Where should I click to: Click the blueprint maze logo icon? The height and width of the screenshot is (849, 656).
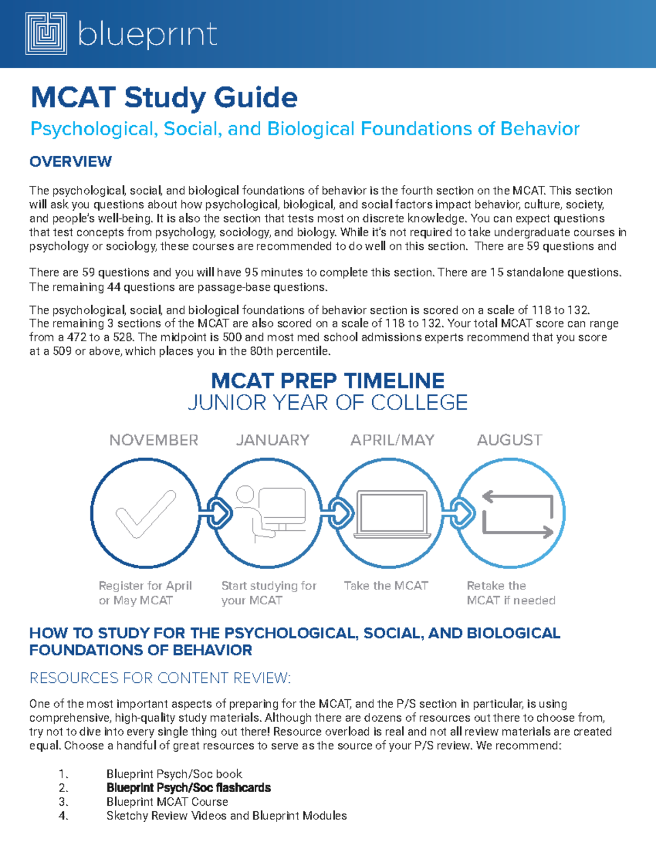46,34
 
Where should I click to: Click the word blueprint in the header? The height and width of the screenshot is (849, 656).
148,34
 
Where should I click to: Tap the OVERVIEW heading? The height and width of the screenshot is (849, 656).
71,162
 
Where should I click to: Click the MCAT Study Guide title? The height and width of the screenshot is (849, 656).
164,98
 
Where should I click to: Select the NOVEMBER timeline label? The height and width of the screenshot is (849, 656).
154,440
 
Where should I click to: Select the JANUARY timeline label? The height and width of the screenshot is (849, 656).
273,440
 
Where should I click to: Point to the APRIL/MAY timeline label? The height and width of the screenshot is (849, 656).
393,440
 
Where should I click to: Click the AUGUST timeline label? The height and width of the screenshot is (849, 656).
509,440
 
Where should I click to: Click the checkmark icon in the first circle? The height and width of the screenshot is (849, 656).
145,514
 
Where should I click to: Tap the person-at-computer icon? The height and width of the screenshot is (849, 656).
269,514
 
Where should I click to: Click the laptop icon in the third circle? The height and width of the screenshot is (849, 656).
391,514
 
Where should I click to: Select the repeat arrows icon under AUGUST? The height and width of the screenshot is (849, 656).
517,514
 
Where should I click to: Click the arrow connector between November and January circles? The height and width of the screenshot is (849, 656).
216,513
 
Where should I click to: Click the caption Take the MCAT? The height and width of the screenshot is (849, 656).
386,586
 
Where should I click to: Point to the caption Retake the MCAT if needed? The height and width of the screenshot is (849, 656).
510,593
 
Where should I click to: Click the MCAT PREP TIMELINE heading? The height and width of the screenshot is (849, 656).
327,381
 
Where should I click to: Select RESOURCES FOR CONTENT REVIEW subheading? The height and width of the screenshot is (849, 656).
160,678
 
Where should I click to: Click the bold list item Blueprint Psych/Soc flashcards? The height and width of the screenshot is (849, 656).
189,788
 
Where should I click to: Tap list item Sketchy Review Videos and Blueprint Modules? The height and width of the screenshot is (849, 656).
226,816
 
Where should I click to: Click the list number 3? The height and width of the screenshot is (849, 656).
63,802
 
